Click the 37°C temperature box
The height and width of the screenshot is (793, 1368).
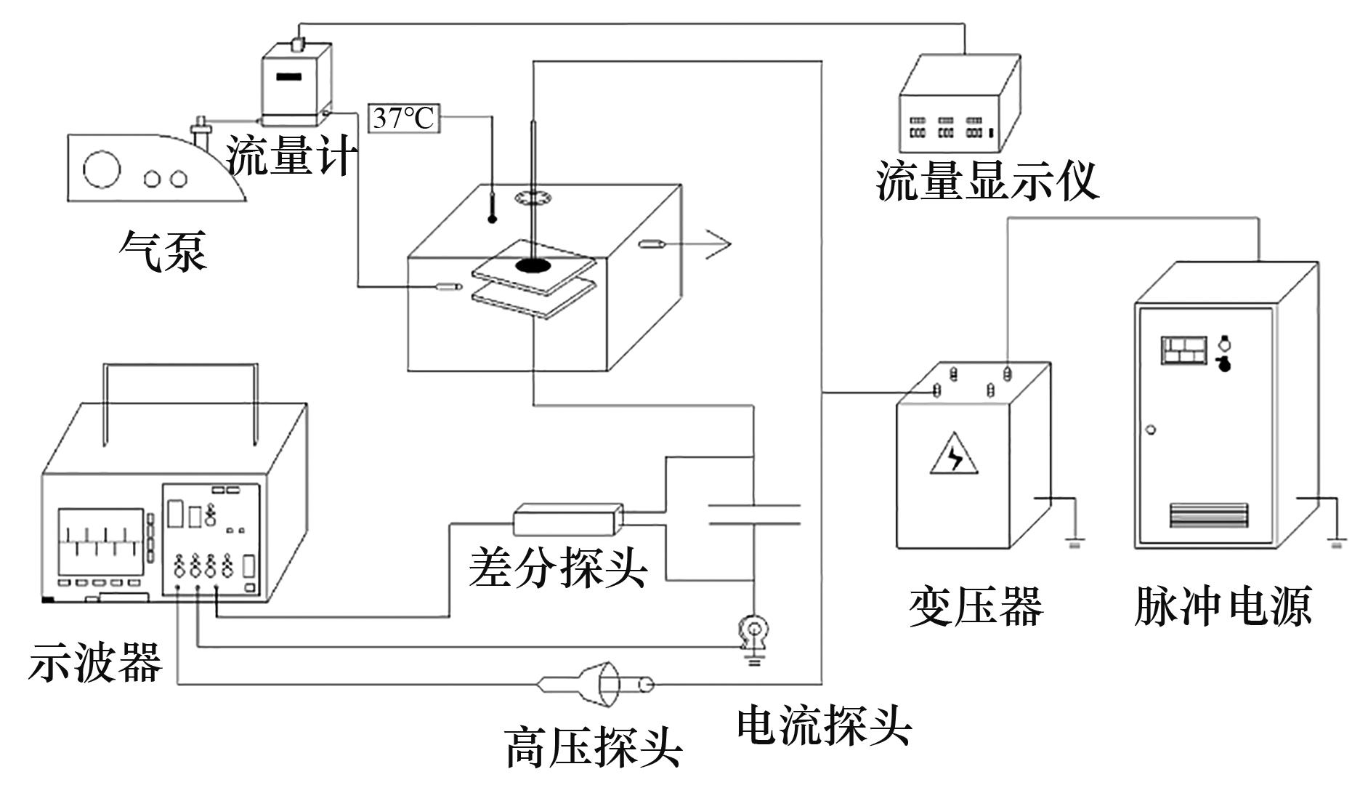(405, 118)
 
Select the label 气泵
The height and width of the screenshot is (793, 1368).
(163, 251)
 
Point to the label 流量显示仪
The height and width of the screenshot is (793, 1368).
(987, 181)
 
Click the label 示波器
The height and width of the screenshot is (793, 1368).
(95, 662)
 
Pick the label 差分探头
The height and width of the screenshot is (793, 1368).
(557, 567)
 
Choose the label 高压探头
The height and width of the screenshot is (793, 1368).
(594, 747)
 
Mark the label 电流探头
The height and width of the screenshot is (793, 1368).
(824, 725)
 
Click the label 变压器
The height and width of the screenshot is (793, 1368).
(976, 606)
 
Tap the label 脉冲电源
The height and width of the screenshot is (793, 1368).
(1223, 606)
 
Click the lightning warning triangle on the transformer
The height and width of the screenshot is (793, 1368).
(954, 455)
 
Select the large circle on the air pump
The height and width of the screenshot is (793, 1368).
(101, 169)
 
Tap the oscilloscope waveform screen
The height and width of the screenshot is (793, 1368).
(101, 542)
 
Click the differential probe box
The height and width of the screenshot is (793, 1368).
(568, 518)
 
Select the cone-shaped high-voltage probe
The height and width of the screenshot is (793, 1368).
(596, 683)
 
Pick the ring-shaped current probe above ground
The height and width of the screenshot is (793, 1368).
(754, 630)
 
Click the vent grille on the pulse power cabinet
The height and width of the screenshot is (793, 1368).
(1208, 515)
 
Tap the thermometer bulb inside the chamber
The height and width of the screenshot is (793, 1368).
(492, 218)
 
